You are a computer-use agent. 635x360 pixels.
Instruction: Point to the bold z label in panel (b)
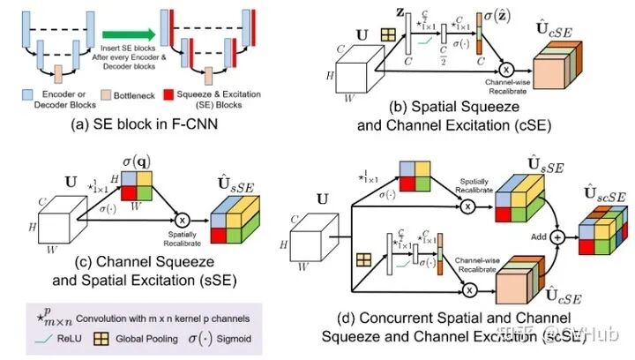[x=398, y=14]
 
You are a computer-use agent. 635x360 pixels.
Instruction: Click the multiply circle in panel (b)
[x=506, y=70]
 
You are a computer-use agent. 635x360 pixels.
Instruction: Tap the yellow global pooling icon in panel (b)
[x=386, y=36]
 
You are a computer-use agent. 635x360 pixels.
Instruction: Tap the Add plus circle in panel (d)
[x=557, y=237]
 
